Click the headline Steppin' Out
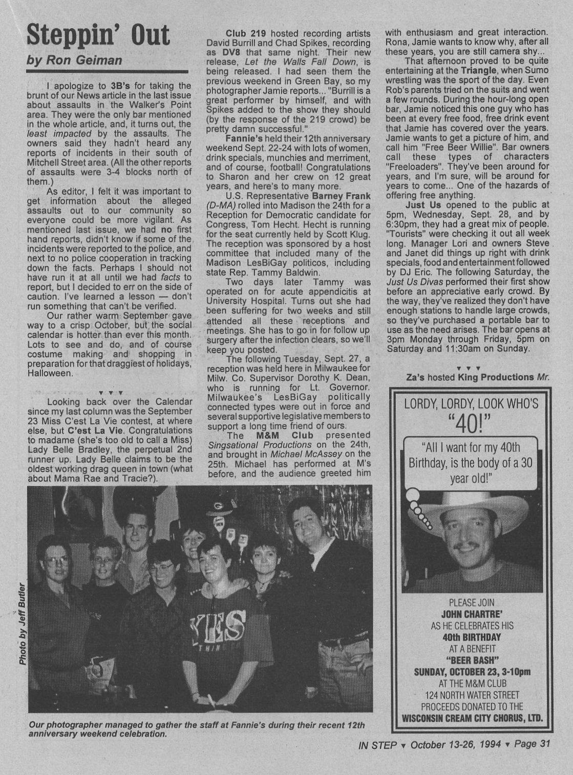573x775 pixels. click(98, 35)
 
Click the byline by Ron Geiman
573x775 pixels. click(74, 60)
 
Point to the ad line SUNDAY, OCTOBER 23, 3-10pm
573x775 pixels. click(472, 672)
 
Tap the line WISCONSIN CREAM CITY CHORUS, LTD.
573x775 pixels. click(472, 718)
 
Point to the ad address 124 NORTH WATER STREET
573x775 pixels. click(472, 695)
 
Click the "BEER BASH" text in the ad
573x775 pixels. click(472, 660)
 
